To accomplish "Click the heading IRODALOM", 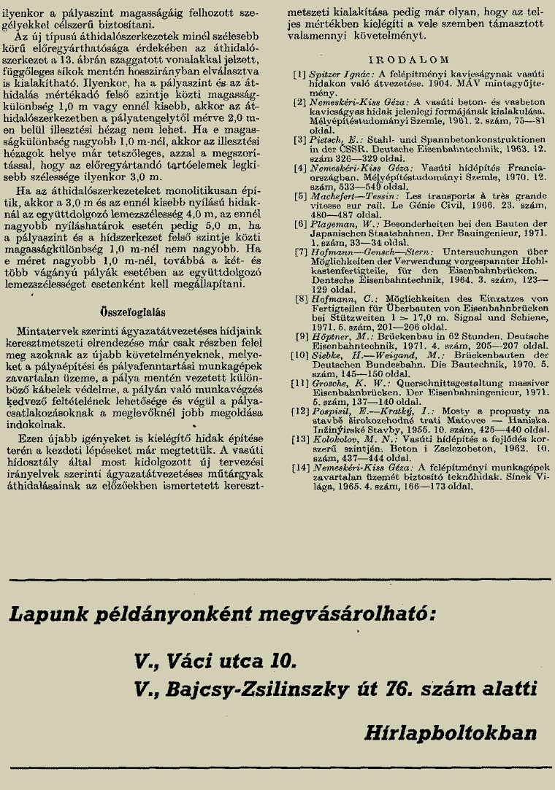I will (407, 58).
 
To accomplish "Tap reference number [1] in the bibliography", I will (299, 74).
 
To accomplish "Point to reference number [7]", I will (299, 271).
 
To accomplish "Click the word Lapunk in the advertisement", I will (43, 613).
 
